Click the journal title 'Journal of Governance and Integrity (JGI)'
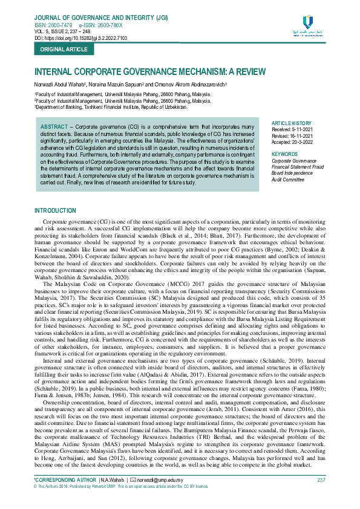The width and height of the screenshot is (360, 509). click(101, 18)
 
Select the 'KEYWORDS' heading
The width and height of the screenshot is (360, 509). click(285, 154)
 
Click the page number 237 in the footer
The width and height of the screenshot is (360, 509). click(321, 479)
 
